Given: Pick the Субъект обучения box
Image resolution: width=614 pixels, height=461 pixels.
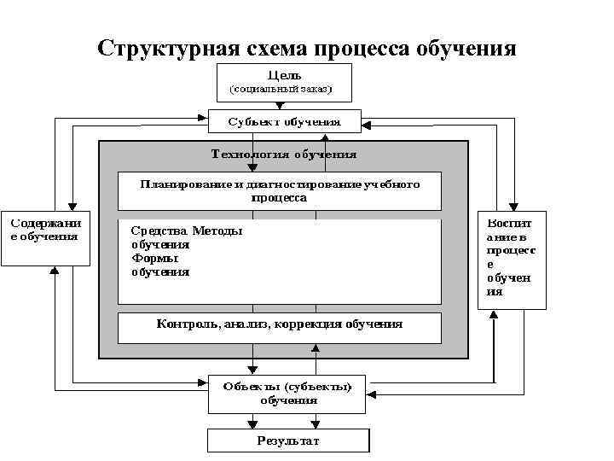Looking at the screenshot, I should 284,121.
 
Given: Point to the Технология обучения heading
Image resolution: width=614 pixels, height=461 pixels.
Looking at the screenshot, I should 284,155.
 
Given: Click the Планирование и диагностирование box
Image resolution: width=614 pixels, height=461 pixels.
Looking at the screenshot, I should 280,191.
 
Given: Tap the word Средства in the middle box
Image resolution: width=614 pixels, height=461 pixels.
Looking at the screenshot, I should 159,230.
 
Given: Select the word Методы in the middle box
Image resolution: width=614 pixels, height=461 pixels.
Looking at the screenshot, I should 217,230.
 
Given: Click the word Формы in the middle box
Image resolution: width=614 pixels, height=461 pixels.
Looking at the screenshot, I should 155,259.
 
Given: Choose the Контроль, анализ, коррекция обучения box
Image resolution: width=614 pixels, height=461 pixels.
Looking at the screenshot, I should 280,325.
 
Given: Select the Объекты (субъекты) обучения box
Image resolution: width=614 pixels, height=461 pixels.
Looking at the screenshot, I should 287,394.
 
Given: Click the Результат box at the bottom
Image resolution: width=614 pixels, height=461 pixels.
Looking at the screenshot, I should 287,441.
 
